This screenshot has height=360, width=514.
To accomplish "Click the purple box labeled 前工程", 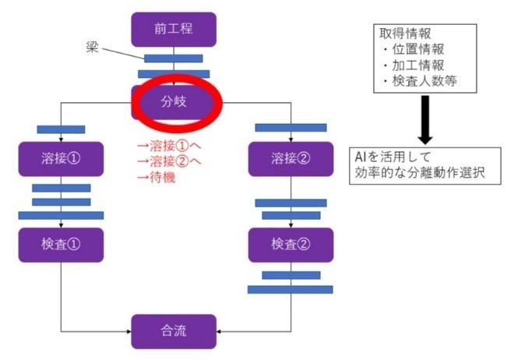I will [174, 30].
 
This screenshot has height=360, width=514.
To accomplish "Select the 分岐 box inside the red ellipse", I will [174, 101].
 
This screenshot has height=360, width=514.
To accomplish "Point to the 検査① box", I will [61, 245].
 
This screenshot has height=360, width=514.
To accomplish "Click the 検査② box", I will [290, 245].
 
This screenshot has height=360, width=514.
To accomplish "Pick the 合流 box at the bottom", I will [174, 330].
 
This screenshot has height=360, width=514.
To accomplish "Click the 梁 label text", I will [91, 46].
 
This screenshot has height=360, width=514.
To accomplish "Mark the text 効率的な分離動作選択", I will [418, 173].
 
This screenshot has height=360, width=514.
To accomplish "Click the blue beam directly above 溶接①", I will [61, 129].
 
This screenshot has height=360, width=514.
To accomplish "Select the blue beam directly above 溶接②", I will [290, 128].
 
